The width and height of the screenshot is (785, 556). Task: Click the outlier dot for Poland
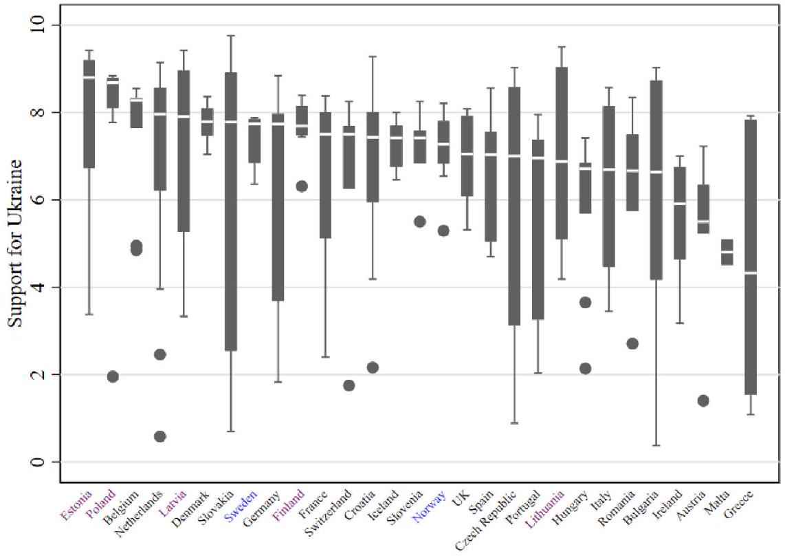[113, 376]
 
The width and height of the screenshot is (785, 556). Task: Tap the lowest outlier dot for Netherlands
[160, 436]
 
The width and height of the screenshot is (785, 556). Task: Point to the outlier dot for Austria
[703, 401]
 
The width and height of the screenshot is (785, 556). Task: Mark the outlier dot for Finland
[301, 186]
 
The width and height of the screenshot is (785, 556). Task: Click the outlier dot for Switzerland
[349, 385]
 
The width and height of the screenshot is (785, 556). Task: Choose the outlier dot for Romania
[632, 343]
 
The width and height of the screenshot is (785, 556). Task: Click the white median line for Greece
[751, 273]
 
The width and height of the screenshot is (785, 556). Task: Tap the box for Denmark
[207, 122]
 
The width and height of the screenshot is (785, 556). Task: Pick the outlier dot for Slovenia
[419, 222]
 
